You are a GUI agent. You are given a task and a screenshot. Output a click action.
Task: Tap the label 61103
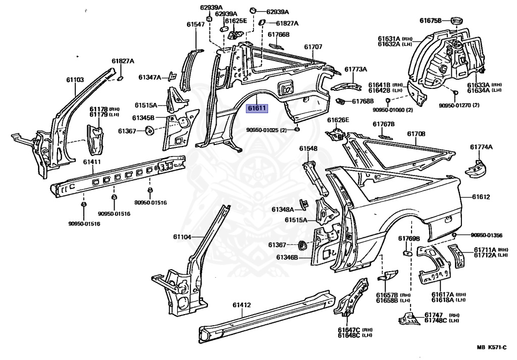pos(75,79)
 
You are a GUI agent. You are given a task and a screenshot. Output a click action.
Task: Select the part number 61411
pos(92,162)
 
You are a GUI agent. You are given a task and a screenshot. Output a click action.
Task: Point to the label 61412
pos(242,305)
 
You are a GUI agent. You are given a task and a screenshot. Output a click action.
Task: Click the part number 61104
pos(183,237)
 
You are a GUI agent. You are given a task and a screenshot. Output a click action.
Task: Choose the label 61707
pos(313,46)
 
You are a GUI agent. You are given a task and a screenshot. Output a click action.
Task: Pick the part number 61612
pos(481,197)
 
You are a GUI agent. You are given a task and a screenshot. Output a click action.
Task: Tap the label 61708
pos(417,134)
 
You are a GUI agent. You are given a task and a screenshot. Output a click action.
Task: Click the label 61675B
pos(431,20)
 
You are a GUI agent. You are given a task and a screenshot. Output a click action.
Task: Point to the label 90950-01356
pos(487,235)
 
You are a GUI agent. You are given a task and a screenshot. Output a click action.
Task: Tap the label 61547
pos(195,24)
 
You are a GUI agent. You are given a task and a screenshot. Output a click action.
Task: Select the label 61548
pos(308,148)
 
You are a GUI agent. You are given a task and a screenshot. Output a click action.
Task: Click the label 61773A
pos(356,69)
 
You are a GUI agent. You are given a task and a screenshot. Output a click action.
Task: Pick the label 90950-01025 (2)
pos(267,130)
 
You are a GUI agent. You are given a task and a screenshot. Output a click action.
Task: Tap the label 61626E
pos(338,120)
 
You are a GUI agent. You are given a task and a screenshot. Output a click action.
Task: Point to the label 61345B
pos(143,118)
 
